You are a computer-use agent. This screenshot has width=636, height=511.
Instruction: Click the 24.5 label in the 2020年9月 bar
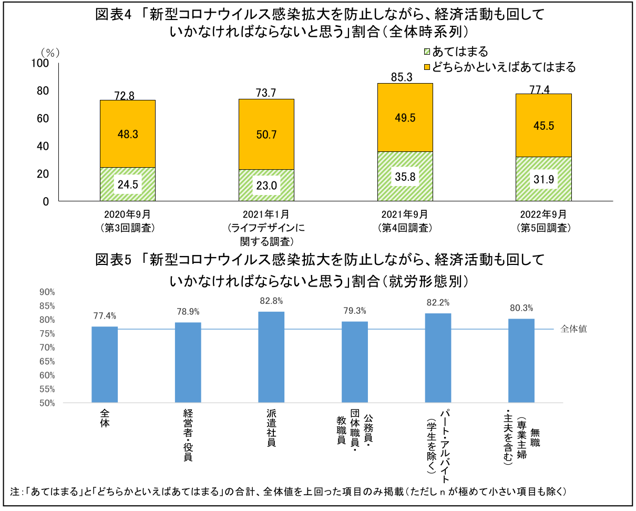[x=127, y=185]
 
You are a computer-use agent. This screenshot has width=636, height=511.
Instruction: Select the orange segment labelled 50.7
[x=266, y=134]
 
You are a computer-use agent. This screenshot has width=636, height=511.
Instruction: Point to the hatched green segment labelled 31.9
[x=543, y=179]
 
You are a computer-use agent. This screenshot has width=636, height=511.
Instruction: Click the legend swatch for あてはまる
[x=427, y=52]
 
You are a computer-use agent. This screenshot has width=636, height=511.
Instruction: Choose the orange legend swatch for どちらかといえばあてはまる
[x=427, y=67]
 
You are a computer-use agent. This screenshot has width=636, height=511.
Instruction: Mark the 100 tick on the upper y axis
[x=40, y=63]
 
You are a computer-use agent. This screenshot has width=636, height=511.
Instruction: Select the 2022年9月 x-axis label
[x=543, y=214]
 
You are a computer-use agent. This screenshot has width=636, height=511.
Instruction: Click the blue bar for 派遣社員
[x=271, y=357]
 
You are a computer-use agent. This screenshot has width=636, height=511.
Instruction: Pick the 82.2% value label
[x=437, y=302]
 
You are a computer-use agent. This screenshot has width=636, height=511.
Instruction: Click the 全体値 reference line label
[x=573, y=329]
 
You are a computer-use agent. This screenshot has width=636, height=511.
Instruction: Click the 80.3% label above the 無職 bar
[x=520, y=308]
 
